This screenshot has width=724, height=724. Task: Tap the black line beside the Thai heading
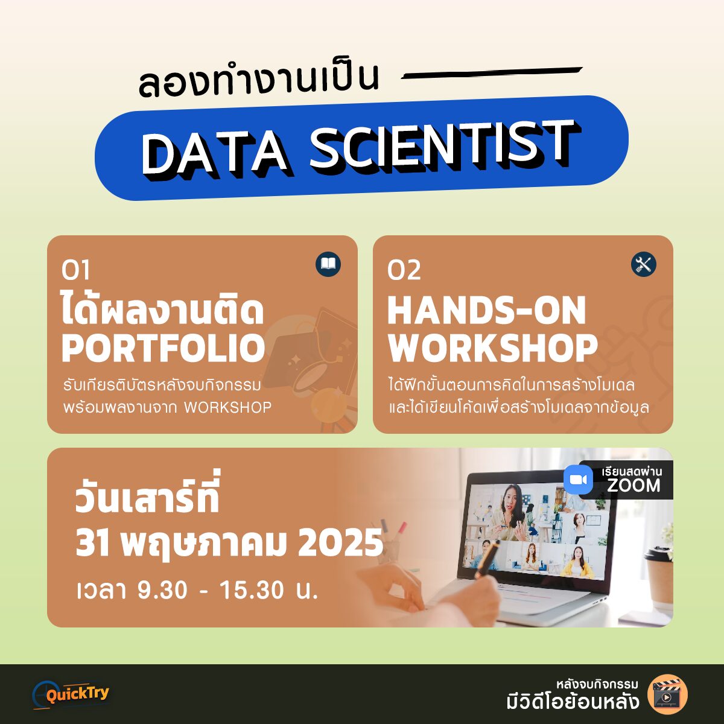(x=492, y=73)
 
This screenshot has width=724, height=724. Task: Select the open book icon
(x=328, y=264)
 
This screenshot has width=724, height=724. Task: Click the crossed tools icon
(x=644, y=264)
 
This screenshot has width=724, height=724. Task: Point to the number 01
(x=75, y=270)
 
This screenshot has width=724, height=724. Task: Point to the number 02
(x=404, y=270)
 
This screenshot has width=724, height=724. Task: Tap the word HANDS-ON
(x=487, y=310)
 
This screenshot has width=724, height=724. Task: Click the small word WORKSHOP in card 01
(x=227, y=407)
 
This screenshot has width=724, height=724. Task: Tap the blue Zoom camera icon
(x=578, y=480)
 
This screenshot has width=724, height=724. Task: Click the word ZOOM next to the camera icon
(x=634, y=486)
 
